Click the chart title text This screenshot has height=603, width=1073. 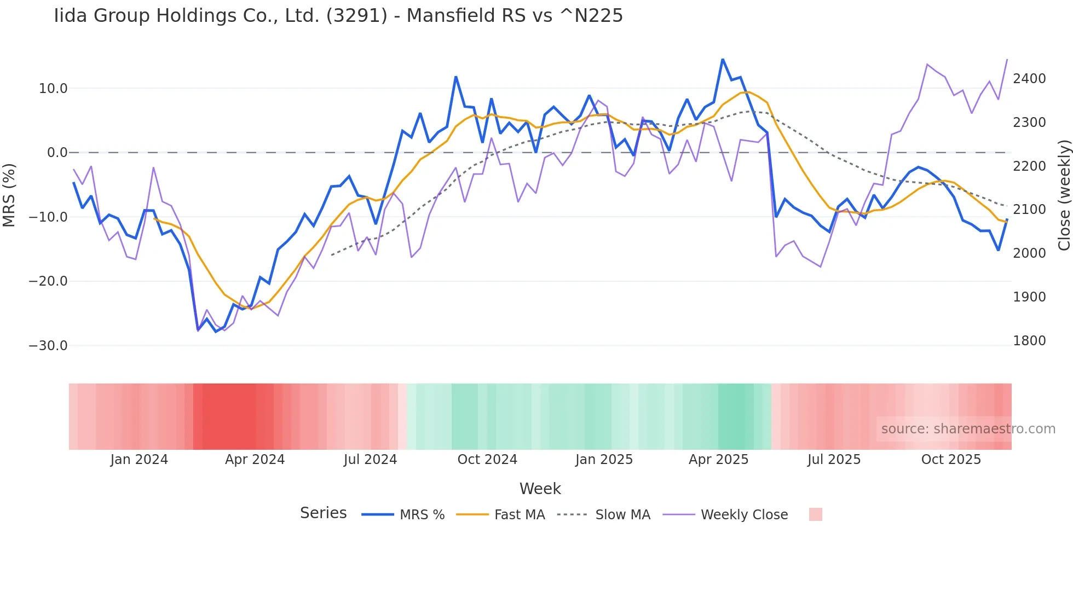tap(338, 16)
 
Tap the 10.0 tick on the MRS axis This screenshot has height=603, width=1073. tap(53, 89)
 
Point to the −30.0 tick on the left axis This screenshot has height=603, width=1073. tap(48, 346)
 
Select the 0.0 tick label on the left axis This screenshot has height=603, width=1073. tap(57, 153)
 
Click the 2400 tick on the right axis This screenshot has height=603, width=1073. tap(1029, 79)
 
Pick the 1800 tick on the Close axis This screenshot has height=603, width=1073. tap(1029, 341)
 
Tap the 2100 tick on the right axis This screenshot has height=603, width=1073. tap(1029, 210)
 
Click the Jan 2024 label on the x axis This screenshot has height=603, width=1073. tap(139, 460)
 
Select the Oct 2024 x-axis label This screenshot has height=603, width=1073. tap(487, 460)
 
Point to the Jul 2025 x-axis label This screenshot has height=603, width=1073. tap(834, 460)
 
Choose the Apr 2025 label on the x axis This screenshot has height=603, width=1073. tap(718, 460)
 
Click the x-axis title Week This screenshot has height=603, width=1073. tap(540, 489)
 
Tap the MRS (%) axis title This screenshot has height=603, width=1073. tap(9, 195)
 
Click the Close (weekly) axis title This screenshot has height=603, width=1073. tap(1064, 195)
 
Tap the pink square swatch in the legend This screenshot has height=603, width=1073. tap(815, 514)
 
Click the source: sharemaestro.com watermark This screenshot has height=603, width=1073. tap(968, 429)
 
